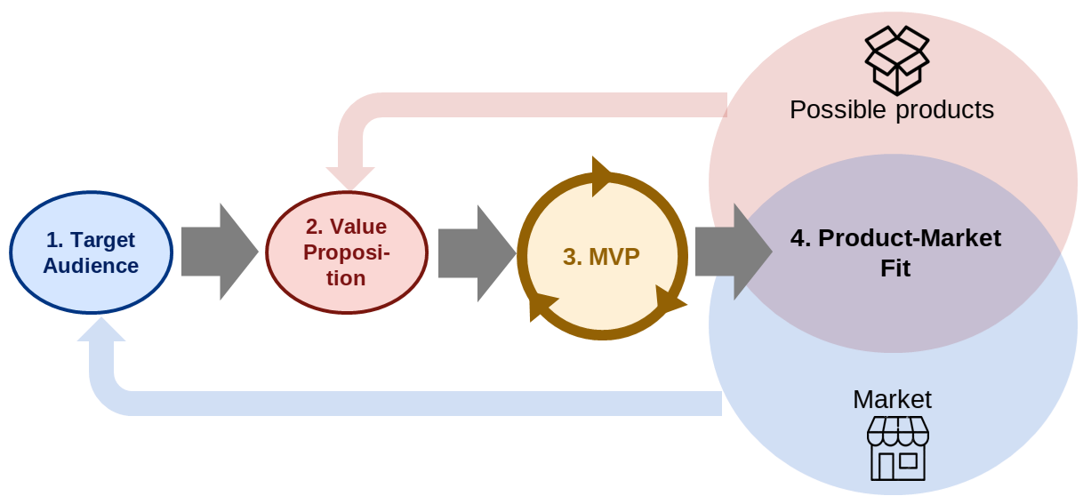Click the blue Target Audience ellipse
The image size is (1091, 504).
pos(91,252)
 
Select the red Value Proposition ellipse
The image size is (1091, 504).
pos(347,252)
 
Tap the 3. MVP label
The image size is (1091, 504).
pos(601,256)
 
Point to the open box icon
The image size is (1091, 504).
pos(897,60)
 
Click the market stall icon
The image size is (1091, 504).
pos(897,448)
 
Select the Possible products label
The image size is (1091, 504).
pos(891,109)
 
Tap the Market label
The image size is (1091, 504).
pos(892,399)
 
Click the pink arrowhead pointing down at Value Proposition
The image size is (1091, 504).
pos(350,177)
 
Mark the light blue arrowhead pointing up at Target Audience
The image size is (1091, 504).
pos(101,331)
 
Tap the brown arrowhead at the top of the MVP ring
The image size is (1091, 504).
pos(601,175)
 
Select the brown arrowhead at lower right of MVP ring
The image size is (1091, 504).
pos(669,300)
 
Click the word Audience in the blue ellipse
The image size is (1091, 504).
pos(91,266)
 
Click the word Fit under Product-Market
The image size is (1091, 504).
pos(895,268)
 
